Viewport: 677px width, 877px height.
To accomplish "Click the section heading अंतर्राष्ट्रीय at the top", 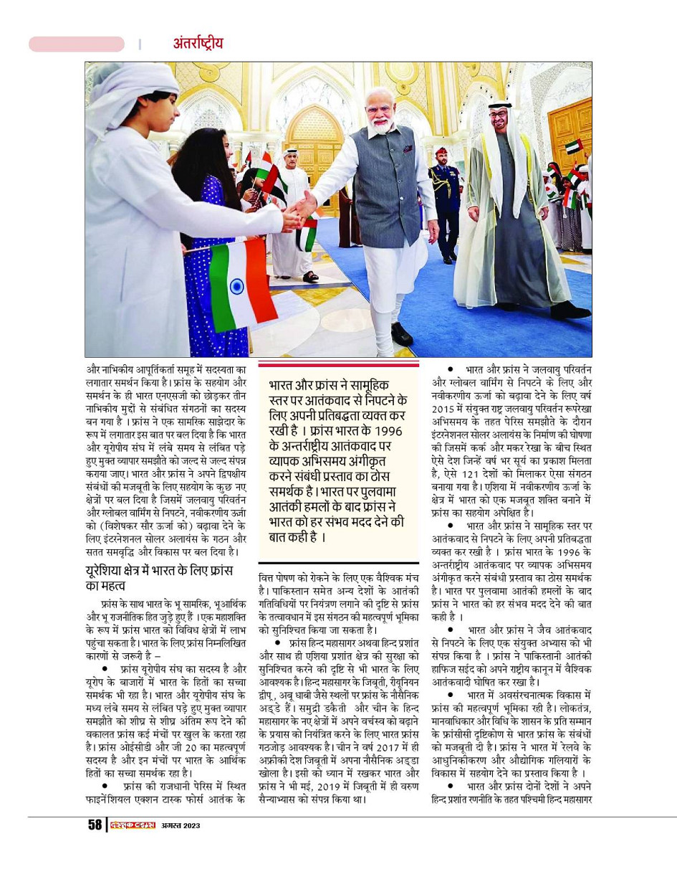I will click(198, 43).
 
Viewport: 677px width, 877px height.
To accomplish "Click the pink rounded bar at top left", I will click(77, 44).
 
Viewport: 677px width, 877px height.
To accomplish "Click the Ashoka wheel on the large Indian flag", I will click(236, 285).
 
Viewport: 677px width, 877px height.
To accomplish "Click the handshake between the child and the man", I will click(299, 211).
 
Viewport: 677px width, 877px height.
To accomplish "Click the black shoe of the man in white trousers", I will click(401, 334).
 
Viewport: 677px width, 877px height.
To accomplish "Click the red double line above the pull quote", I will click(338, 365).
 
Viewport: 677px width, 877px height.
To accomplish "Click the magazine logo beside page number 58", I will click(131, 825).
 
